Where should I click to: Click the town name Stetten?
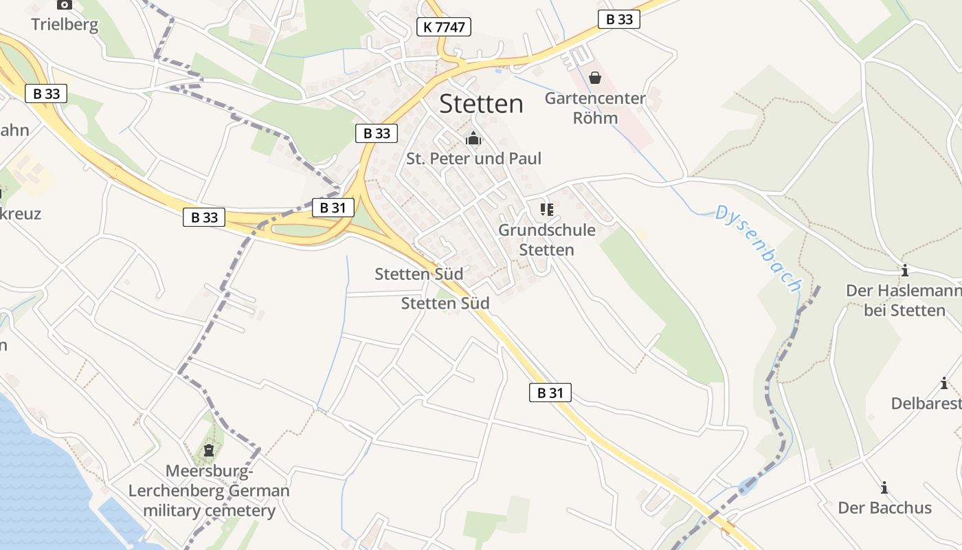481,104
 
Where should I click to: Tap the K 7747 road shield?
443,27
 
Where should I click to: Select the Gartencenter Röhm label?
595,108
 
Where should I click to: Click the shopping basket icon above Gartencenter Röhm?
595,78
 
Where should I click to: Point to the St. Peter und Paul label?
473,159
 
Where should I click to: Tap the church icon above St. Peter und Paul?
473,139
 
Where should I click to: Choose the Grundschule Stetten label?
547,239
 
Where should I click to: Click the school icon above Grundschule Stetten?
547,209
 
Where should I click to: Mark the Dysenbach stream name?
759,248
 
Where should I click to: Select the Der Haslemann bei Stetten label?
904,300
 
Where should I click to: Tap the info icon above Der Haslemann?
904,270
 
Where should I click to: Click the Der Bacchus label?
884,508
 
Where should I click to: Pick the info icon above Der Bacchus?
884,487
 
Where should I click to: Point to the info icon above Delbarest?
944,383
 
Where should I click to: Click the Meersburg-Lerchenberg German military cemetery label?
209,491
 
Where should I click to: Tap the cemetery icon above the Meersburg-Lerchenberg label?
209,451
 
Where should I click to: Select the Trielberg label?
65,25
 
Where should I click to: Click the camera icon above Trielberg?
65,4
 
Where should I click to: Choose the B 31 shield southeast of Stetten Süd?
550,393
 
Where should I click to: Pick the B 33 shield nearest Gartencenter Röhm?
618,19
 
